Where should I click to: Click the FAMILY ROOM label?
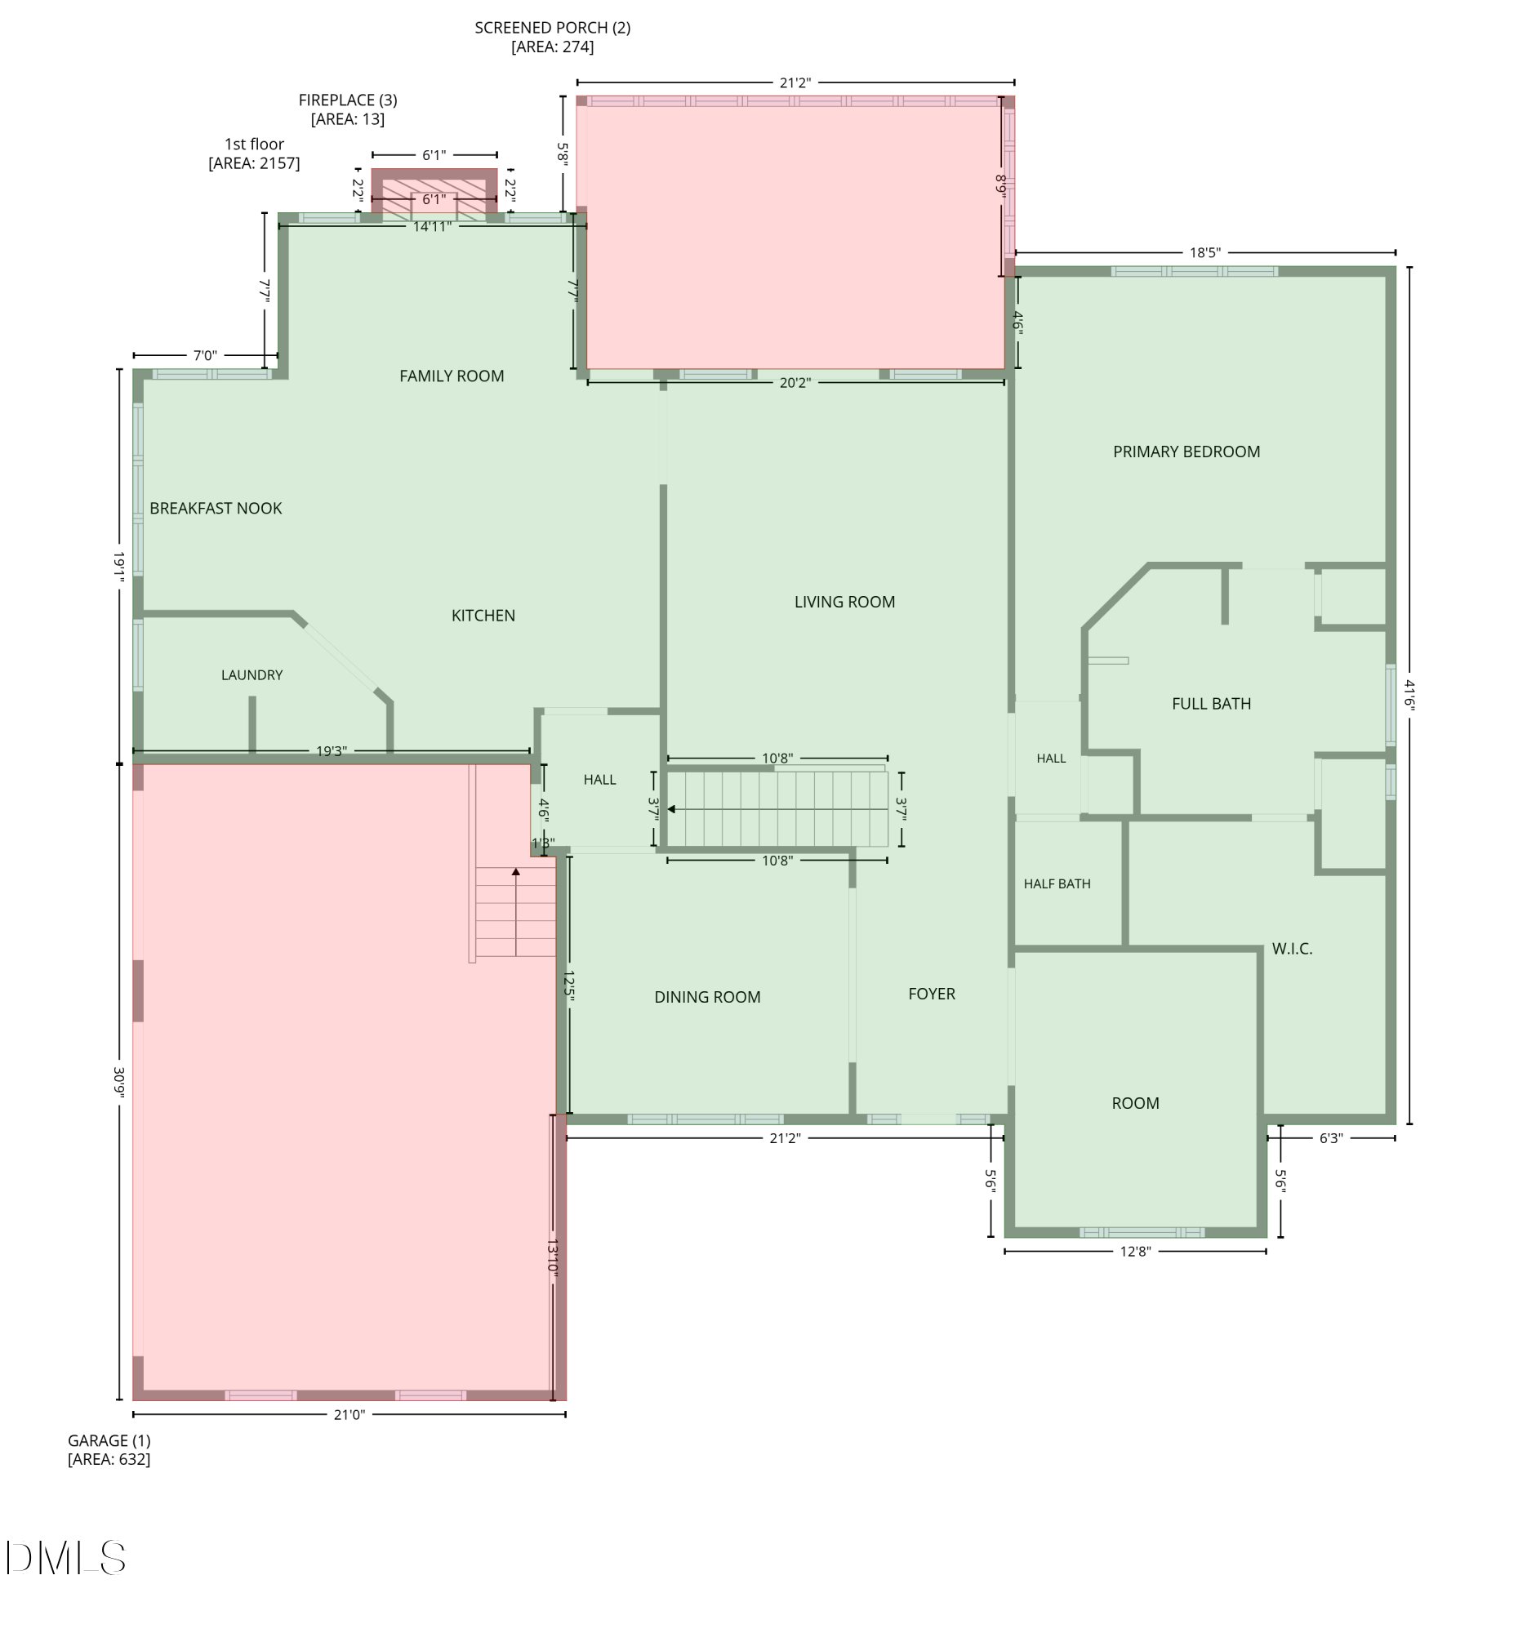(452, 376)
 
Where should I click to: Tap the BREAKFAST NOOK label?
(216, 509)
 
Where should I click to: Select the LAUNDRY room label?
(252, 675)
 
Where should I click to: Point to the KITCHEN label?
(484, 616)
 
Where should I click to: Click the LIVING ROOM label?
(845, 602)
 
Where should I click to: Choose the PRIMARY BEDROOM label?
(1187, 452)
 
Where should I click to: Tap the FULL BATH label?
(1212, 704)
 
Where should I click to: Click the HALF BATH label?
(1057, 883)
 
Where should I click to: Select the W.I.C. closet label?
(1293, 949)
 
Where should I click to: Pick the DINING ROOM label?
(708, 997)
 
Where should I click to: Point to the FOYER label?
(933, 994)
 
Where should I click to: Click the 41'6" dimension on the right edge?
(1409, 694)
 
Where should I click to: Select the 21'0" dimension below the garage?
(349, 1414)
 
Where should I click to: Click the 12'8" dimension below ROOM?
(1135, 1251)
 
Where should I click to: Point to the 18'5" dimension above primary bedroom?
(1205, 252)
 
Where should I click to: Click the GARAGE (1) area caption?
(109, 1450)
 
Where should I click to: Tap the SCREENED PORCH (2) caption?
(553, 37)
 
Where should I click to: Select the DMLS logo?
(65, 1557)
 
